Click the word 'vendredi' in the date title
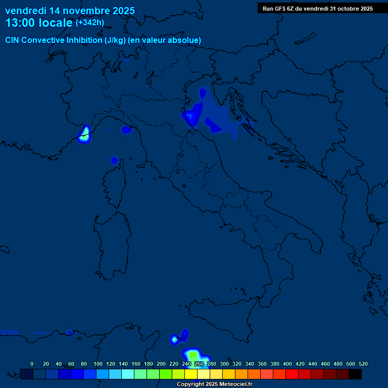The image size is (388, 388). point(26,11)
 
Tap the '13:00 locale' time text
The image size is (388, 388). point(39,23)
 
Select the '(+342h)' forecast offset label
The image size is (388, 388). point(89,23)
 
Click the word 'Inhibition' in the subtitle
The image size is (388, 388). point(84,40)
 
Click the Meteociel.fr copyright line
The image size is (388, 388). point(214,384)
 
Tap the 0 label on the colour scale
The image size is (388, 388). point(32,364)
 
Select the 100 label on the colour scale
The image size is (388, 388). point(98,364)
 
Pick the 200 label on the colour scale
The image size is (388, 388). point(161,364)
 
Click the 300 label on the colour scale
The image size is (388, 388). point(224,364)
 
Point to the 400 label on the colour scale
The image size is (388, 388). point(287,364)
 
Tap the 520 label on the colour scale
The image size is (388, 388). point(363,364)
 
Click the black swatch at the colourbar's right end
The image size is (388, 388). point(355,374)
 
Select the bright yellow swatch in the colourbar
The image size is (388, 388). point(191,374)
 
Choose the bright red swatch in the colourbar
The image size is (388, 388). point(292,374)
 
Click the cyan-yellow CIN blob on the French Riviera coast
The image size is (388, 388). point(84,134)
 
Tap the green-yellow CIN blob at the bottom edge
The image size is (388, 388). point(194,356)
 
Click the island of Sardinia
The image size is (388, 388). point(109,248)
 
